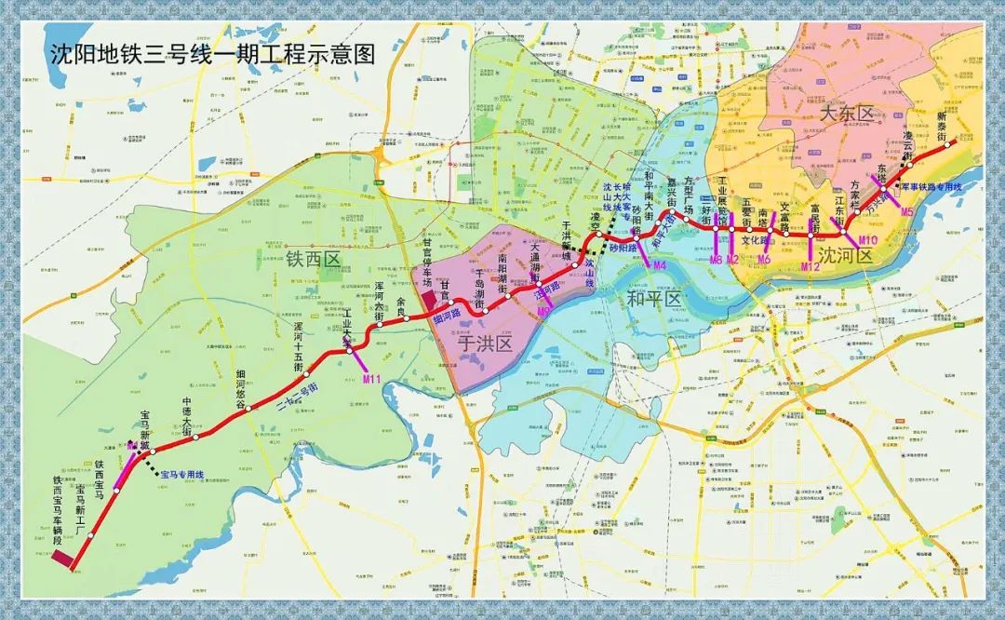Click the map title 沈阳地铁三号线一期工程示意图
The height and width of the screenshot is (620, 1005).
pyautogui.click(x=212, y=53)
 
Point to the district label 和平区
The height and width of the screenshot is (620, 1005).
pyautogui.click(x=653, y=299)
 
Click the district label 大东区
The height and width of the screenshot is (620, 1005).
pyautogui.click(x=848, y=114)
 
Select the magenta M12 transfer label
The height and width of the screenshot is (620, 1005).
pyautogui.click(x=811, y=267)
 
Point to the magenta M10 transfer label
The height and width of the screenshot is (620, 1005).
pyautogui.click(x=867, y=241)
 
